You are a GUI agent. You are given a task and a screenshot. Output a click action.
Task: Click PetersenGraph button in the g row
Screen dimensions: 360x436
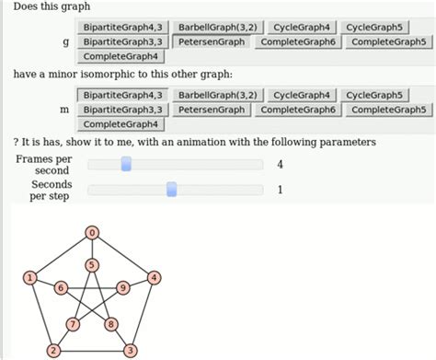tap(212, 42)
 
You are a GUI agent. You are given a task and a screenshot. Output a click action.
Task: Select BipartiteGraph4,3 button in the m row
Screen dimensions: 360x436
tap(121, 95)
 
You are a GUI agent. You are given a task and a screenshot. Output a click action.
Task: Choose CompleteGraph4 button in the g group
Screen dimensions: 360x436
tap(121, 57)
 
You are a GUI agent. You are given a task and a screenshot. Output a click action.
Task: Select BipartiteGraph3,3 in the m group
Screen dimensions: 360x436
tap(121, 110)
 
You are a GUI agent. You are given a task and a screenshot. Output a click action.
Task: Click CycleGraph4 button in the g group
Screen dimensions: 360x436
tap(304, 28)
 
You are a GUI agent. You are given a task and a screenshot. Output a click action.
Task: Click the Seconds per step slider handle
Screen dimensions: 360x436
tap(171, 190)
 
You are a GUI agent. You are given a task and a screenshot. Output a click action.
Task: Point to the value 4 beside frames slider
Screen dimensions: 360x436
tap(279, 165)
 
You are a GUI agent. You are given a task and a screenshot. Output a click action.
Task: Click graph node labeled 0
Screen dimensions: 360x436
tap(92, 234)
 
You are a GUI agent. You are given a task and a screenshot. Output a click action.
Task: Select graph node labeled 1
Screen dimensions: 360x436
tap(30, 277)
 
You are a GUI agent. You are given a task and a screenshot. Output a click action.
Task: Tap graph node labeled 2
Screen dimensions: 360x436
tap(53, 350)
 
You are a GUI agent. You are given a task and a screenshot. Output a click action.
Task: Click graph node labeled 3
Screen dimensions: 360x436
tap(131, 350)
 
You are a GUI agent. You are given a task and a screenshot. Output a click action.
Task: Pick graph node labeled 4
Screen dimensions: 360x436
tap(155, 277)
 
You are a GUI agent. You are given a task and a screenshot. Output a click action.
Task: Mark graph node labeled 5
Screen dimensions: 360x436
tap(92, 265)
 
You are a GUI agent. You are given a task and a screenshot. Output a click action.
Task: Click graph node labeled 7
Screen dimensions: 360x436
tap(73, 324)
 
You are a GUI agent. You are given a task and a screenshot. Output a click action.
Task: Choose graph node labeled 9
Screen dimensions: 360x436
tap(123, 288)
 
